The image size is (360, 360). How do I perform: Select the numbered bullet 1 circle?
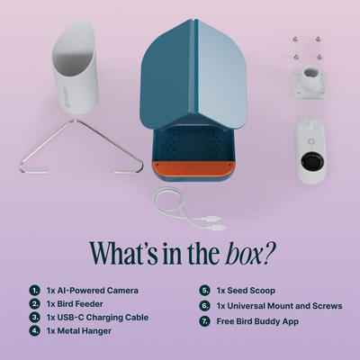click(x=34, y=291)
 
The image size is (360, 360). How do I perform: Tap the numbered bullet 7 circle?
click(x=204, y=320)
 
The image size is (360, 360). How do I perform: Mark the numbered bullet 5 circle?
click(x=204, y=291)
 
